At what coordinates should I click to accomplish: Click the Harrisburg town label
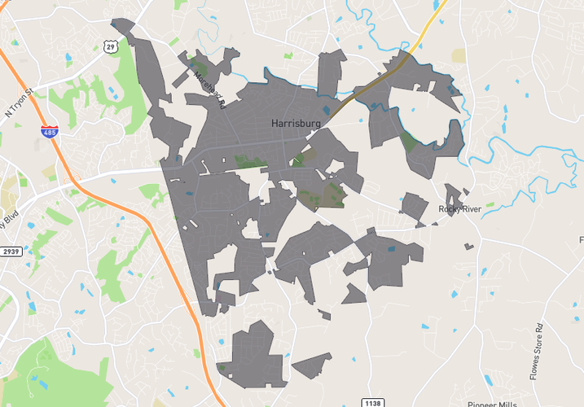point(296,124)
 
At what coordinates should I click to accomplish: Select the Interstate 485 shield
point(50,132)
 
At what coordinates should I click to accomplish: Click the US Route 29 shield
point(110,47)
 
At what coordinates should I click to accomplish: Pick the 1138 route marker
point(372,402)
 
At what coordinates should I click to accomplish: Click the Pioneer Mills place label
point(493,403)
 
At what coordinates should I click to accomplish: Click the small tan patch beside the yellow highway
point(459,55)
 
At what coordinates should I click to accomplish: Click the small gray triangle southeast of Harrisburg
point(353,295)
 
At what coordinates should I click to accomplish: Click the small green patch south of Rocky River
point(490,204)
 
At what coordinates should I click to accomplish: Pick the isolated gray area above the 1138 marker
point(311,366)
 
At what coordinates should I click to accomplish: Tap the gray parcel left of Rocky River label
point(414,208)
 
